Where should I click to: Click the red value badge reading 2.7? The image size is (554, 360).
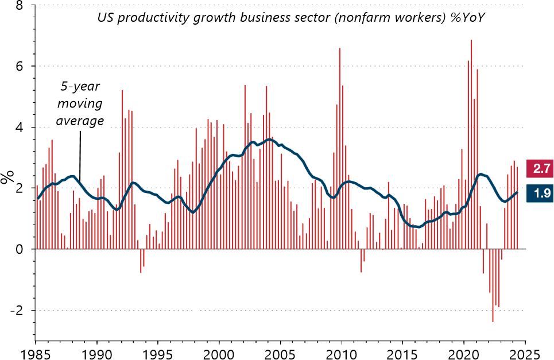click(x=541, y=169)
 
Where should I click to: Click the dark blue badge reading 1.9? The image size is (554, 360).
click(x=541, y=193)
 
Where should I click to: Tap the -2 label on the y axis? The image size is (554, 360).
click(x=17, y=311)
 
